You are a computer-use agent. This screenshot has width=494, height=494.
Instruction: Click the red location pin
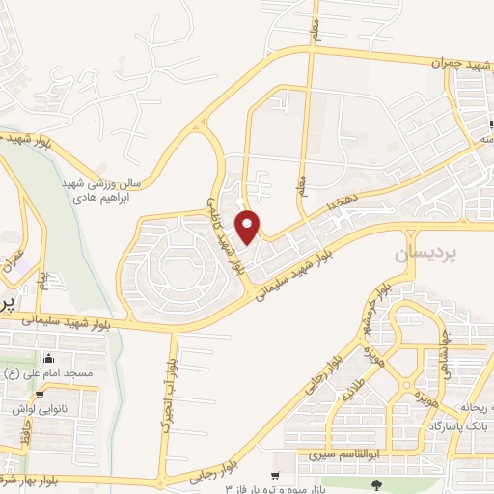pos(249,228)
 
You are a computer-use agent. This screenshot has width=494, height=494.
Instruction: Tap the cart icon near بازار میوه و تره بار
pos(277,476)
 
